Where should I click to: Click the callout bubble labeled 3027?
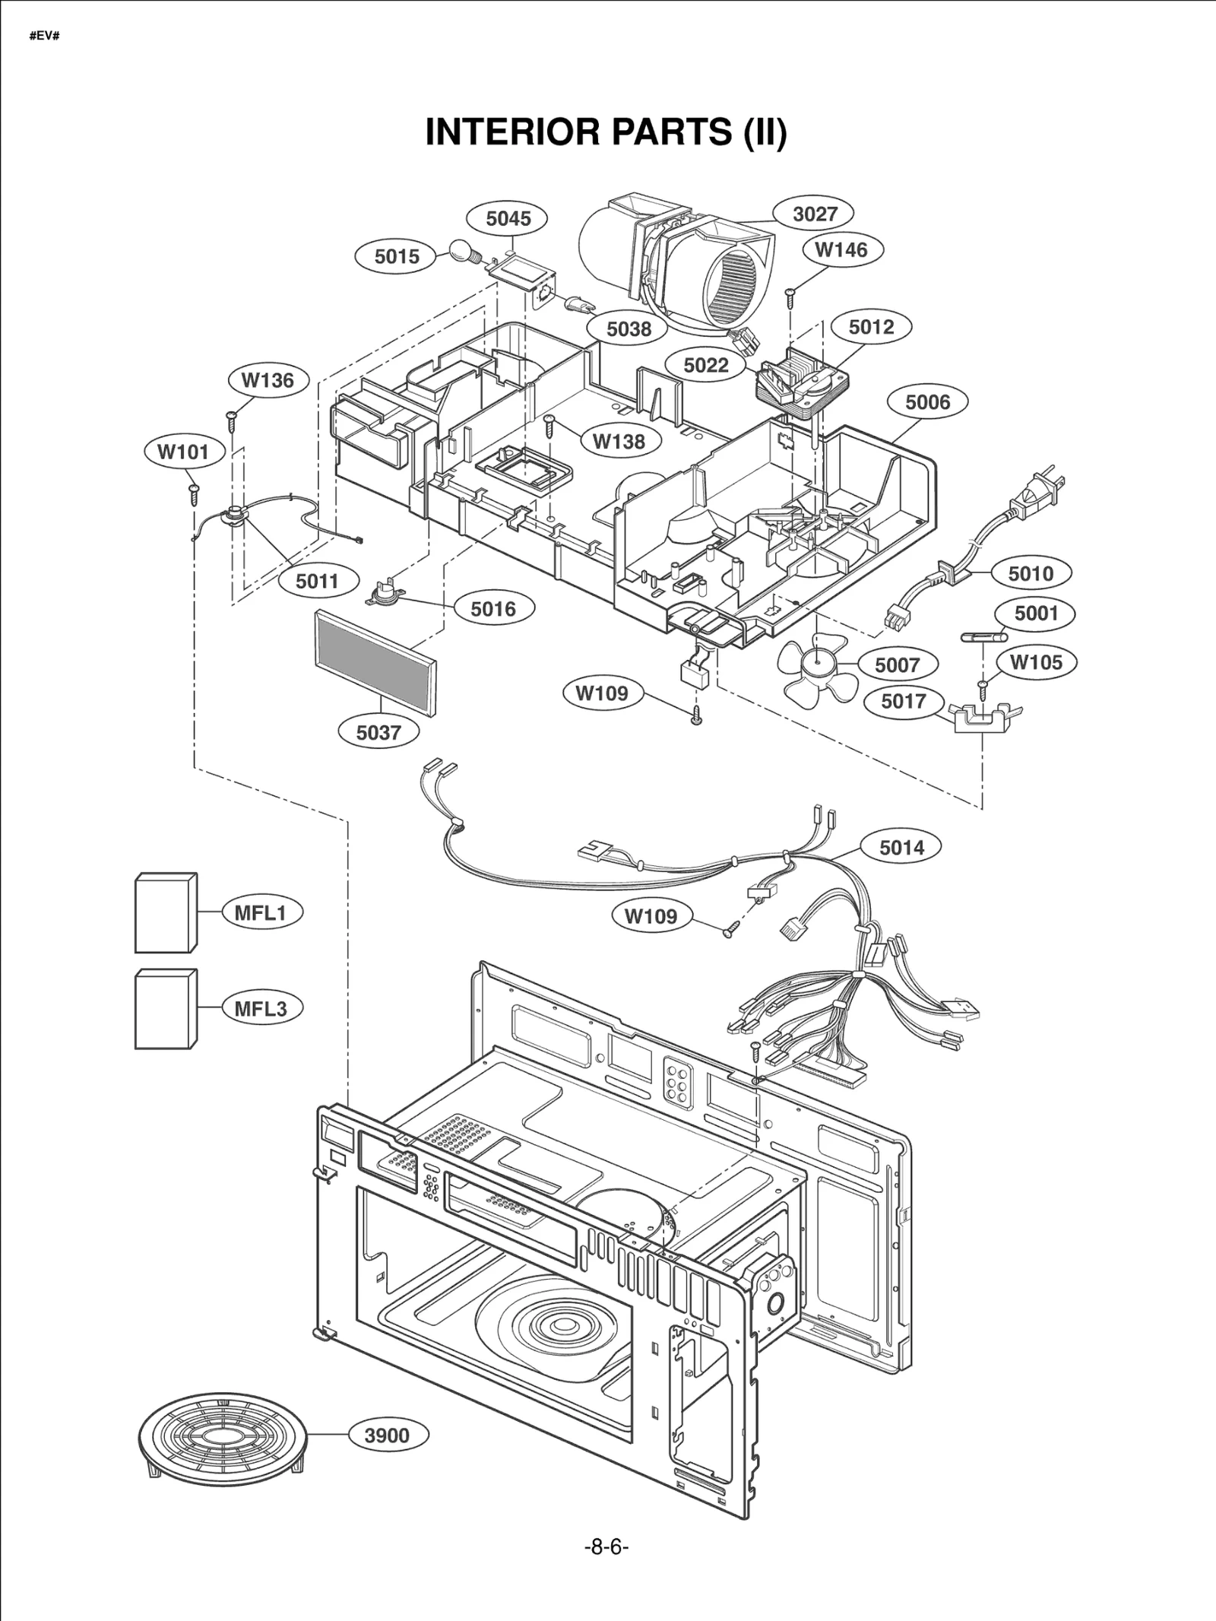coord(815,214)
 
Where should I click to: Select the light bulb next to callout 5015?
coord(461,250)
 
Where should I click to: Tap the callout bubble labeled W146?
coord(841,250)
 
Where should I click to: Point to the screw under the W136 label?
coord(231,417)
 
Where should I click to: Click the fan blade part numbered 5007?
coord(817,668)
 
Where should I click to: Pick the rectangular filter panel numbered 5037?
coord(376,662)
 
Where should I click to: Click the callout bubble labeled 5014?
coord(901,847)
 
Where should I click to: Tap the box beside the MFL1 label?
coord(165,913)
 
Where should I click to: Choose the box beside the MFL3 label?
coord(165,1009)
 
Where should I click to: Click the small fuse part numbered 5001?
coord(983,636)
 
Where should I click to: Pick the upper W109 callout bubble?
coord(602,693)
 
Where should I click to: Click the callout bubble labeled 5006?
coord(927,402)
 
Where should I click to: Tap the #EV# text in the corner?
coord(44,36)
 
